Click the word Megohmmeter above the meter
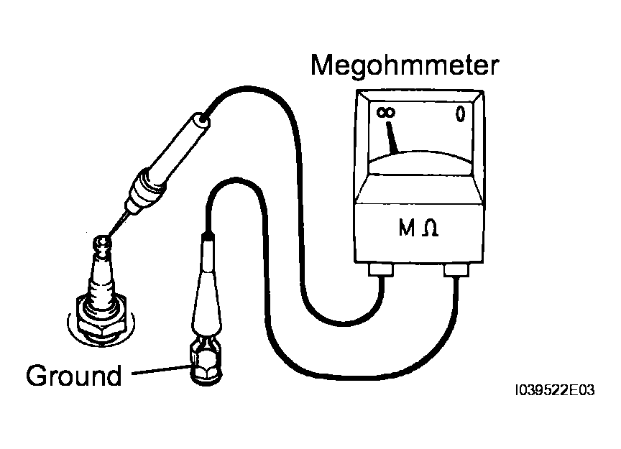(x=405, y=65)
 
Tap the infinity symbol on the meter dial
(x=385, y=113)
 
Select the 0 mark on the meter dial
(x=460, y=114)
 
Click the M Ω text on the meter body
(x=418, y=228)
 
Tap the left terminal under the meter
(x=381, y=269)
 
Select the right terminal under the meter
(x=456, y=270)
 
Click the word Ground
(x=73, y=376)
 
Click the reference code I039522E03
(x=554, y=390)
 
